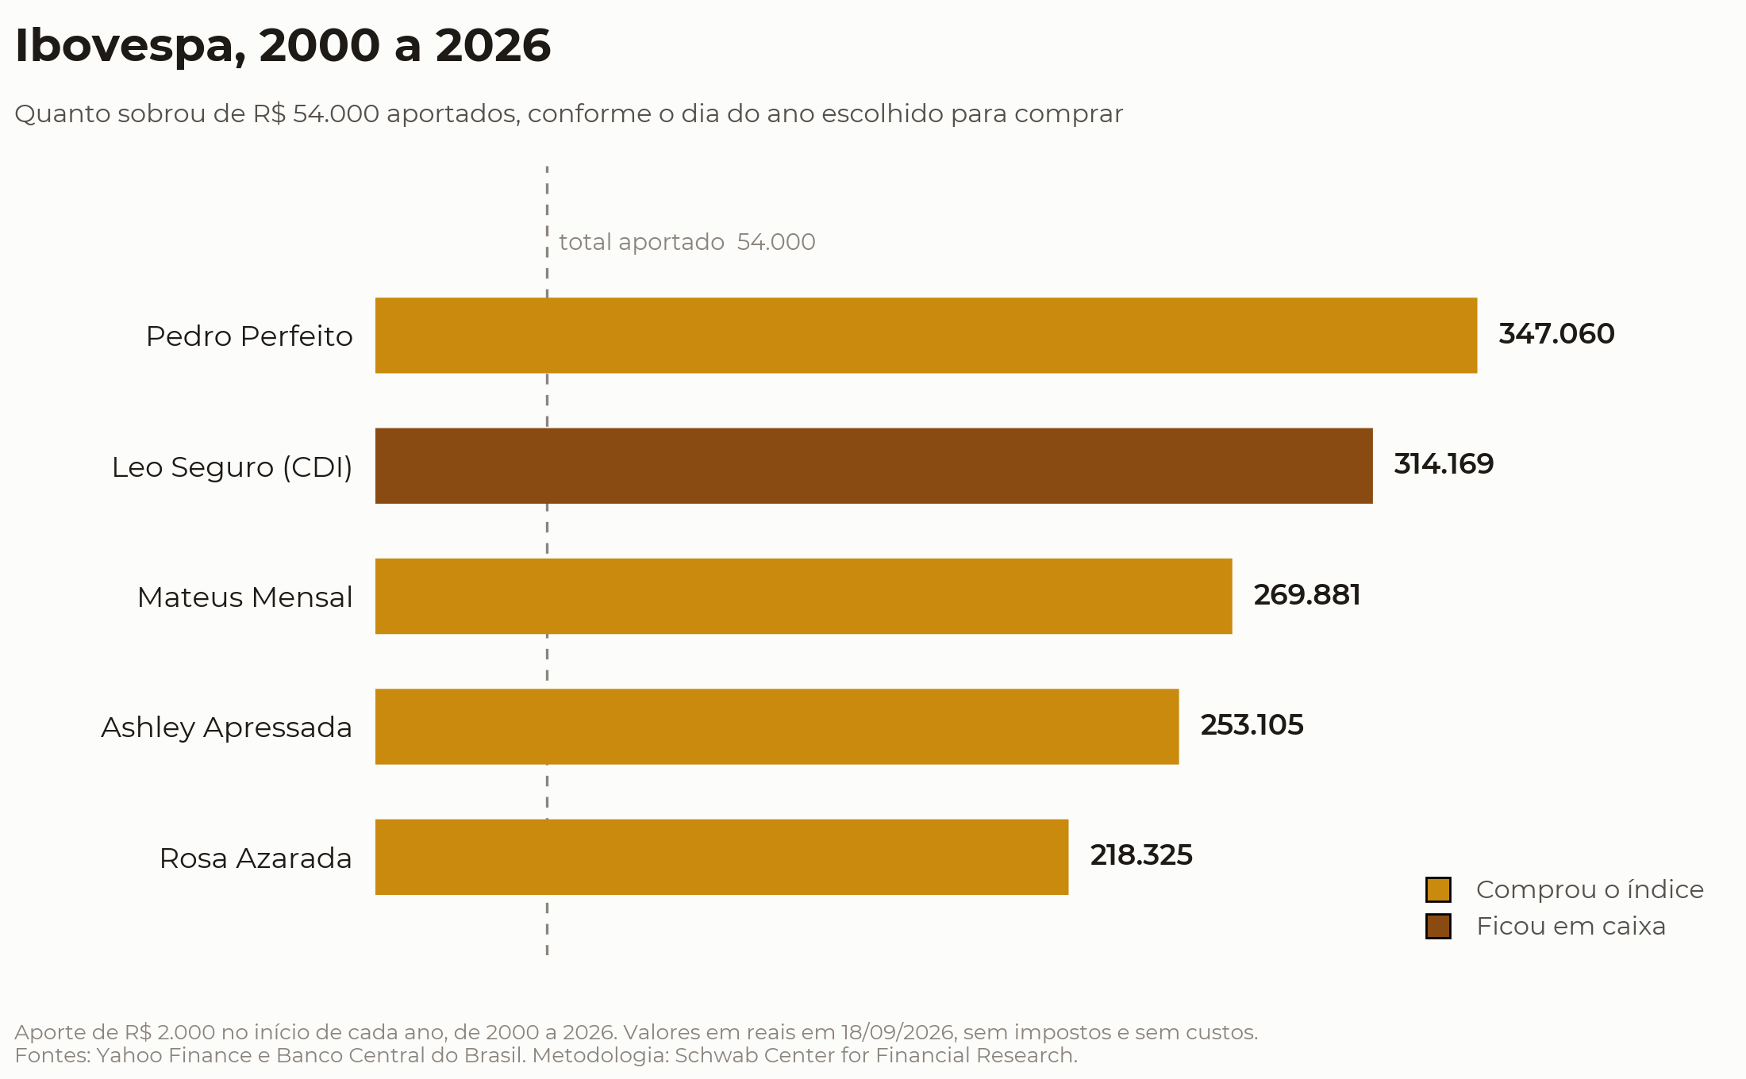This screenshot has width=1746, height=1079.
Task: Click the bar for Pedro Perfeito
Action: click(x=926, y=336)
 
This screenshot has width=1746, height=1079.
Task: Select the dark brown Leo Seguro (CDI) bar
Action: click(x=874, y=466)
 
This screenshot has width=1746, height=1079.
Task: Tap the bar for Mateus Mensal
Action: click(x=804, y=597)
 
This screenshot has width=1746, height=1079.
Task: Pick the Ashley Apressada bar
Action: click(x=777, y=727)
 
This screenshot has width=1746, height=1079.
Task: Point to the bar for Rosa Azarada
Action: click(x=722, y=857)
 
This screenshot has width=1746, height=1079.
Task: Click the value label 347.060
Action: click(x=1556, y=334)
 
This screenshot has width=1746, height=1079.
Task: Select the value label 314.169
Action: click(x=1444, y=464)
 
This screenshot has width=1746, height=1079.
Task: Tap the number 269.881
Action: click(x=1307, y=595)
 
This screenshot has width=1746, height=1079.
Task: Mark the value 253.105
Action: click(x=1252, y=725)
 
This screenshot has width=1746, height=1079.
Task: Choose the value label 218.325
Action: click(x=1141, y=855)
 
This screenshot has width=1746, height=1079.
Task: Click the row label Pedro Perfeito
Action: click(x=249, y=336)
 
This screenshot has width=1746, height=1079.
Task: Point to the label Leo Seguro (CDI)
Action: click(x=232, y=467)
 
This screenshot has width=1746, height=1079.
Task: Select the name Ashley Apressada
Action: click(x=226, y=728)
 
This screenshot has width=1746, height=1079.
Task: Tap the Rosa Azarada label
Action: click(x=256, y=858)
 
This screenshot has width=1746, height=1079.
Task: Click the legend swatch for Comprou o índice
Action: click(x=1438, y=890)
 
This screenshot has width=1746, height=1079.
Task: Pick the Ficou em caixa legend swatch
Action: click(x=1438, y=926)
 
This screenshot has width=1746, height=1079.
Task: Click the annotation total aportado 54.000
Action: click(x=687, y=242)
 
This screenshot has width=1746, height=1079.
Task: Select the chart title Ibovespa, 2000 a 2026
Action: click(x=283, y=46)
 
